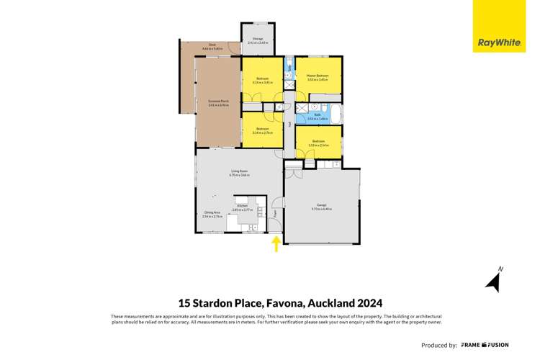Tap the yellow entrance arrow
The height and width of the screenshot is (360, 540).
pos(276,245)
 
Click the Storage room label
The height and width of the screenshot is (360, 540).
pos(257,40)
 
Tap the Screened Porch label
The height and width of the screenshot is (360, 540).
pos(218,104)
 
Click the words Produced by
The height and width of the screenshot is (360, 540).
pos(438,345)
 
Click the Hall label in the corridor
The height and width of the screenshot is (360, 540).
pos(289,124)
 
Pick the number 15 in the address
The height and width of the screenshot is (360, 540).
pos(184,303)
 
